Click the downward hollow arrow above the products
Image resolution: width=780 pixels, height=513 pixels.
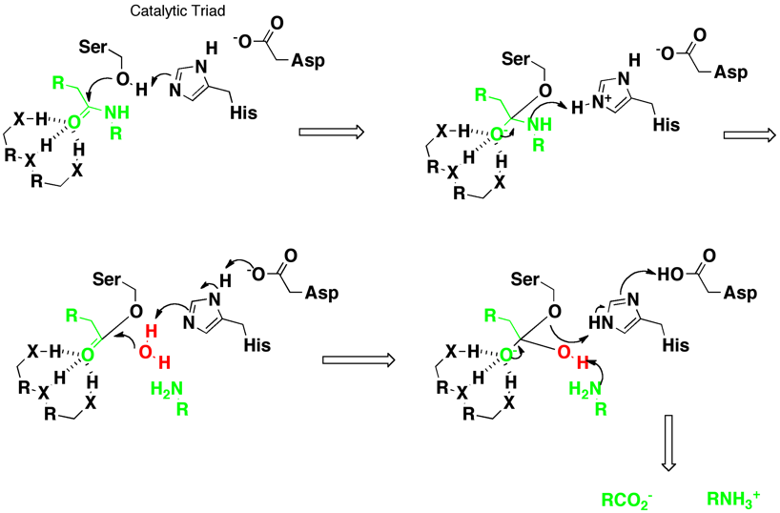coord(669,445)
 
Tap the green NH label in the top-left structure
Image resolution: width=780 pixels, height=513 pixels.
coord(119,113)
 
